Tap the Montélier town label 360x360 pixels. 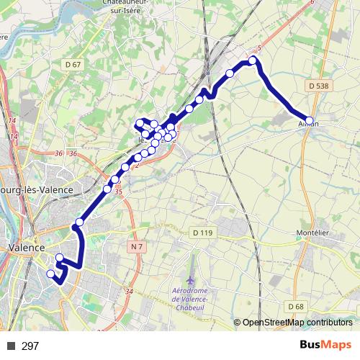313,233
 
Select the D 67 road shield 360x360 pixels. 72,66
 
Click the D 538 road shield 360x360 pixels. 318,86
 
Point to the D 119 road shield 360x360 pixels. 203,233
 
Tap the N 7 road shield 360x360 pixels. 137,247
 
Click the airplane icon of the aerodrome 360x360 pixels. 189,279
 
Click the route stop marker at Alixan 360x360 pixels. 310,121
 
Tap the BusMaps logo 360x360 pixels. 325,346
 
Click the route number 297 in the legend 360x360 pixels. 30,346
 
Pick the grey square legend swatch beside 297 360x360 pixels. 11,346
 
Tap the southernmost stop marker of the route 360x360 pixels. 50,274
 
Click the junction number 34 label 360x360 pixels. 130,291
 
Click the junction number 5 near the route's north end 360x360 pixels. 258,48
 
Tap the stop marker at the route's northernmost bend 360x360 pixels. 253,61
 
